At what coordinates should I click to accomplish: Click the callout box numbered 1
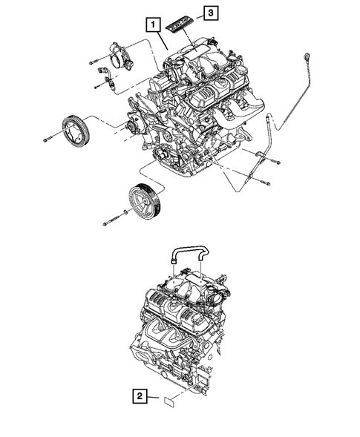point(151,25)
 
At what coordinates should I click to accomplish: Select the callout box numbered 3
point(211,13)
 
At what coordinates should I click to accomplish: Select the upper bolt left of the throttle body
point(94,59)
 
